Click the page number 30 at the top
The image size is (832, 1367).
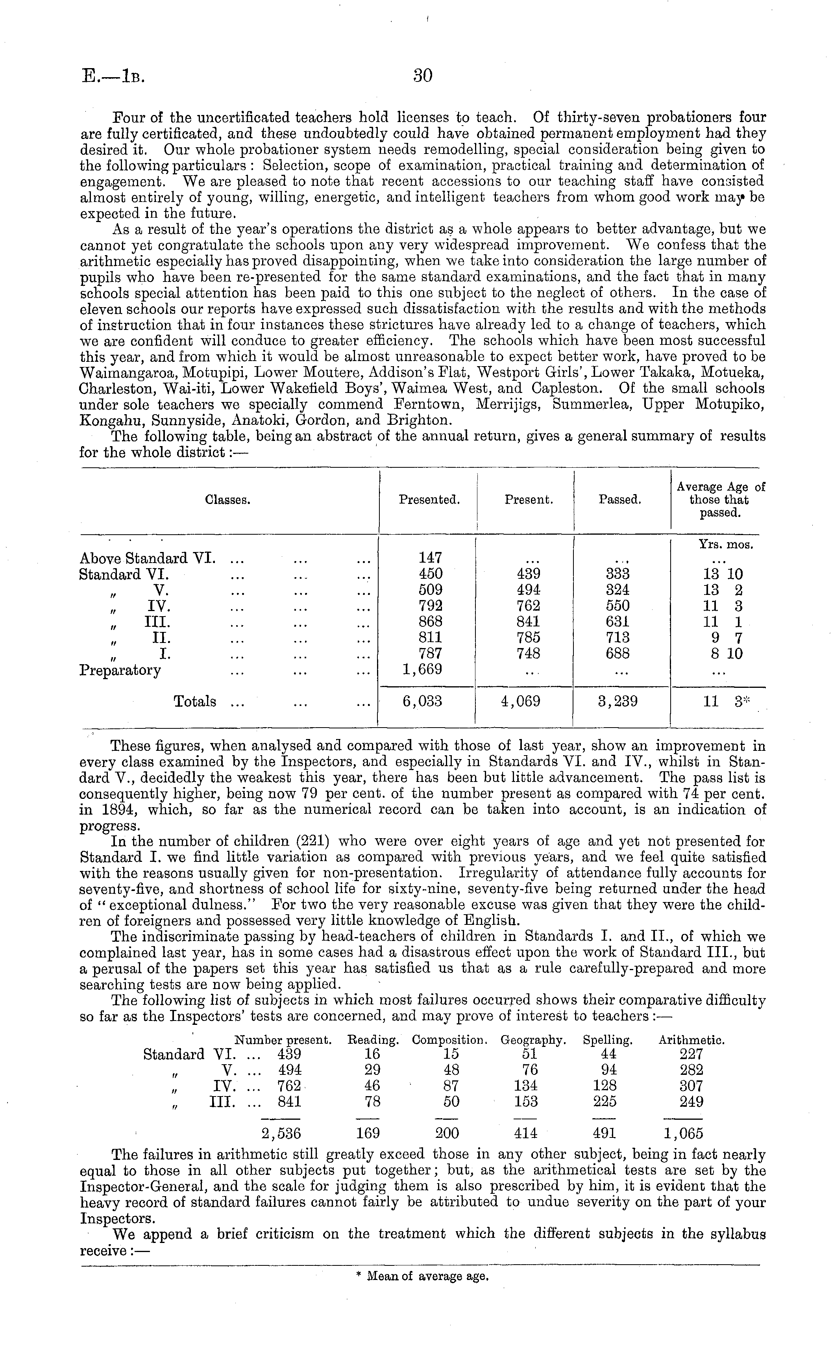tap(423, 76)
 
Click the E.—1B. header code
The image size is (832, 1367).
tap(113, 76)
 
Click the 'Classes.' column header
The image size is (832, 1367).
tap(228, 500)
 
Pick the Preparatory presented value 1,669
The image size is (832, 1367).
tap(422, 670)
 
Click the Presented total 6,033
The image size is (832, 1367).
tap(422, 702)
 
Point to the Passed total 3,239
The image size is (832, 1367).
tap(618, 702)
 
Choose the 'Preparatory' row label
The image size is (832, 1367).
tap(120, 670)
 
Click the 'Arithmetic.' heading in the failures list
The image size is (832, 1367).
tap(691, 1040)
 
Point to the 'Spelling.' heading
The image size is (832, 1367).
tap(607, 1040)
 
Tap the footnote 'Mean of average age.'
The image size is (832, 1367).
tap(422, 1276)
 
